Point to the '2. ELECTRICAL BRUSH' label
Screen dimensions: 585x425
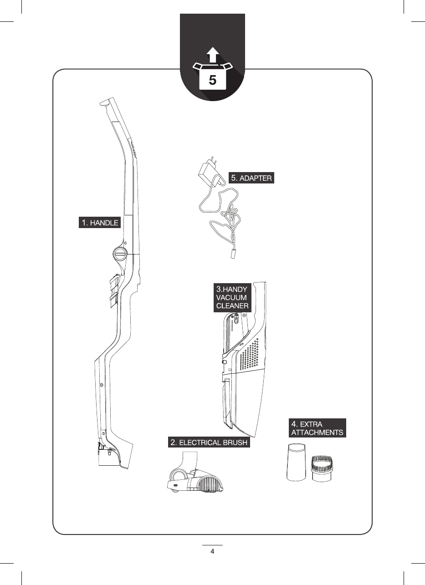pos(209,442)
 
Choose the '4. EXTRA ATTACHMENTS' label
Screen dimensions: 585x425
pos(317,428)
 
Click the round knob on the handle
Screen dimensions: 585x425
pos(119,254)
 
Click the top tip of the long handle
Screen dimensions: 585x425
pos(105,103)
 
